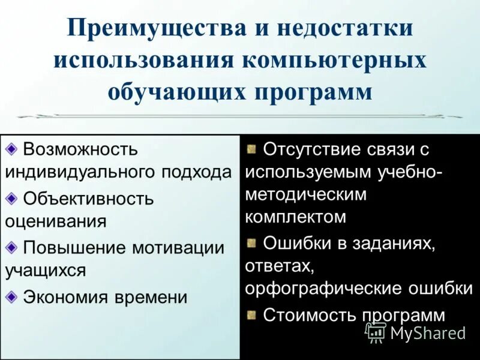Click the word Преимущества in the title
point(145,30)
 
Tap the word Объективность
point(88,198)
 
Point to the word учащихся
point(46,271)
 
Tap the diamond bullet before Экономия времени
point(12,296)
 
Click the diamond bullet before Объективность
point(12,197)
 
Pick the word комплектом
point(296,217)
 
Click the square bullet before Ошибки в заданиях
point(252,242)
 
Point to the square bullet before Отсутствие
point(252,148)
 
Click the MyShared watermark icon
point(376,332)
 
